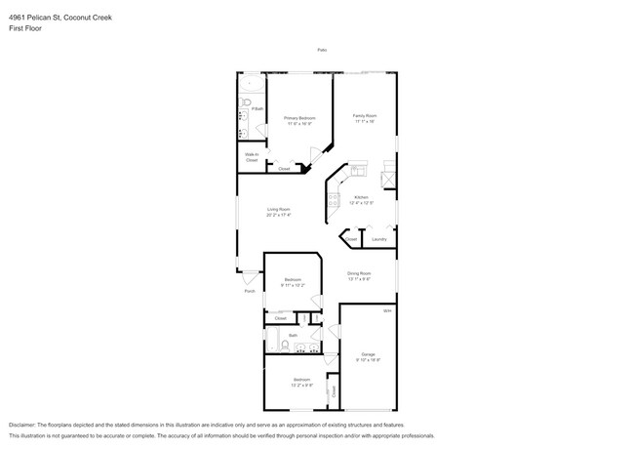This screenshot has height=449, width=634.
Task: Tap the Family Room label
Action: coord(365,116)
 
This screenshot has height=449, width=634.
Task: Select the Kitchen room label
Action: coord(361,198)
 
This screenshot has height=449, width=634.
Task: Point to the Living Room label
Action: coord(279,210)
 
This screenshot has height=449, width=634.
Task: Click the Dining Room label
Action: coord(359,273)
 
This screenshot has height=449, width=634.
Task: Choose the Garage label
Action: coord(368,353)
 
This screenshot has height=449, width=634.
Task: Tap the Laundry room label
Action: coord(379,239)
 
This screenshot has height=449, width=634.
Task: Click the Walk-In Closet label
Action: coord(251,156)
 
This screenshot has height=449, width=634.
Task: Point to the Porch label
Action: coord(250,291)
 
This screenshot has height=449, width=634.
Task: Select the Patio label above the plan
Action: coord(321,50)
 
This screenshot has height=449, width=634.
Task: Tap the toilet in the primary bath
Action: coord(249,102)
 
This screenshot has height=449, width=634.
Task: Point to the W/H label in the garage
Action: coord(386,311)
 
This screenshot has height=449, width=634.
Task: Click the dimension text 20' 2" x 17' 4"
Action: coord(279,216)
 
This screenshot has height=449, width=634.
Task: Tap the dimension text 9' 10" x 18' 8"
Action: coord(368,359)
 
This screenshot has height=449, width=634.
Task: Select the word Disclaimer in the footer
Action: coord(23,427)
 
